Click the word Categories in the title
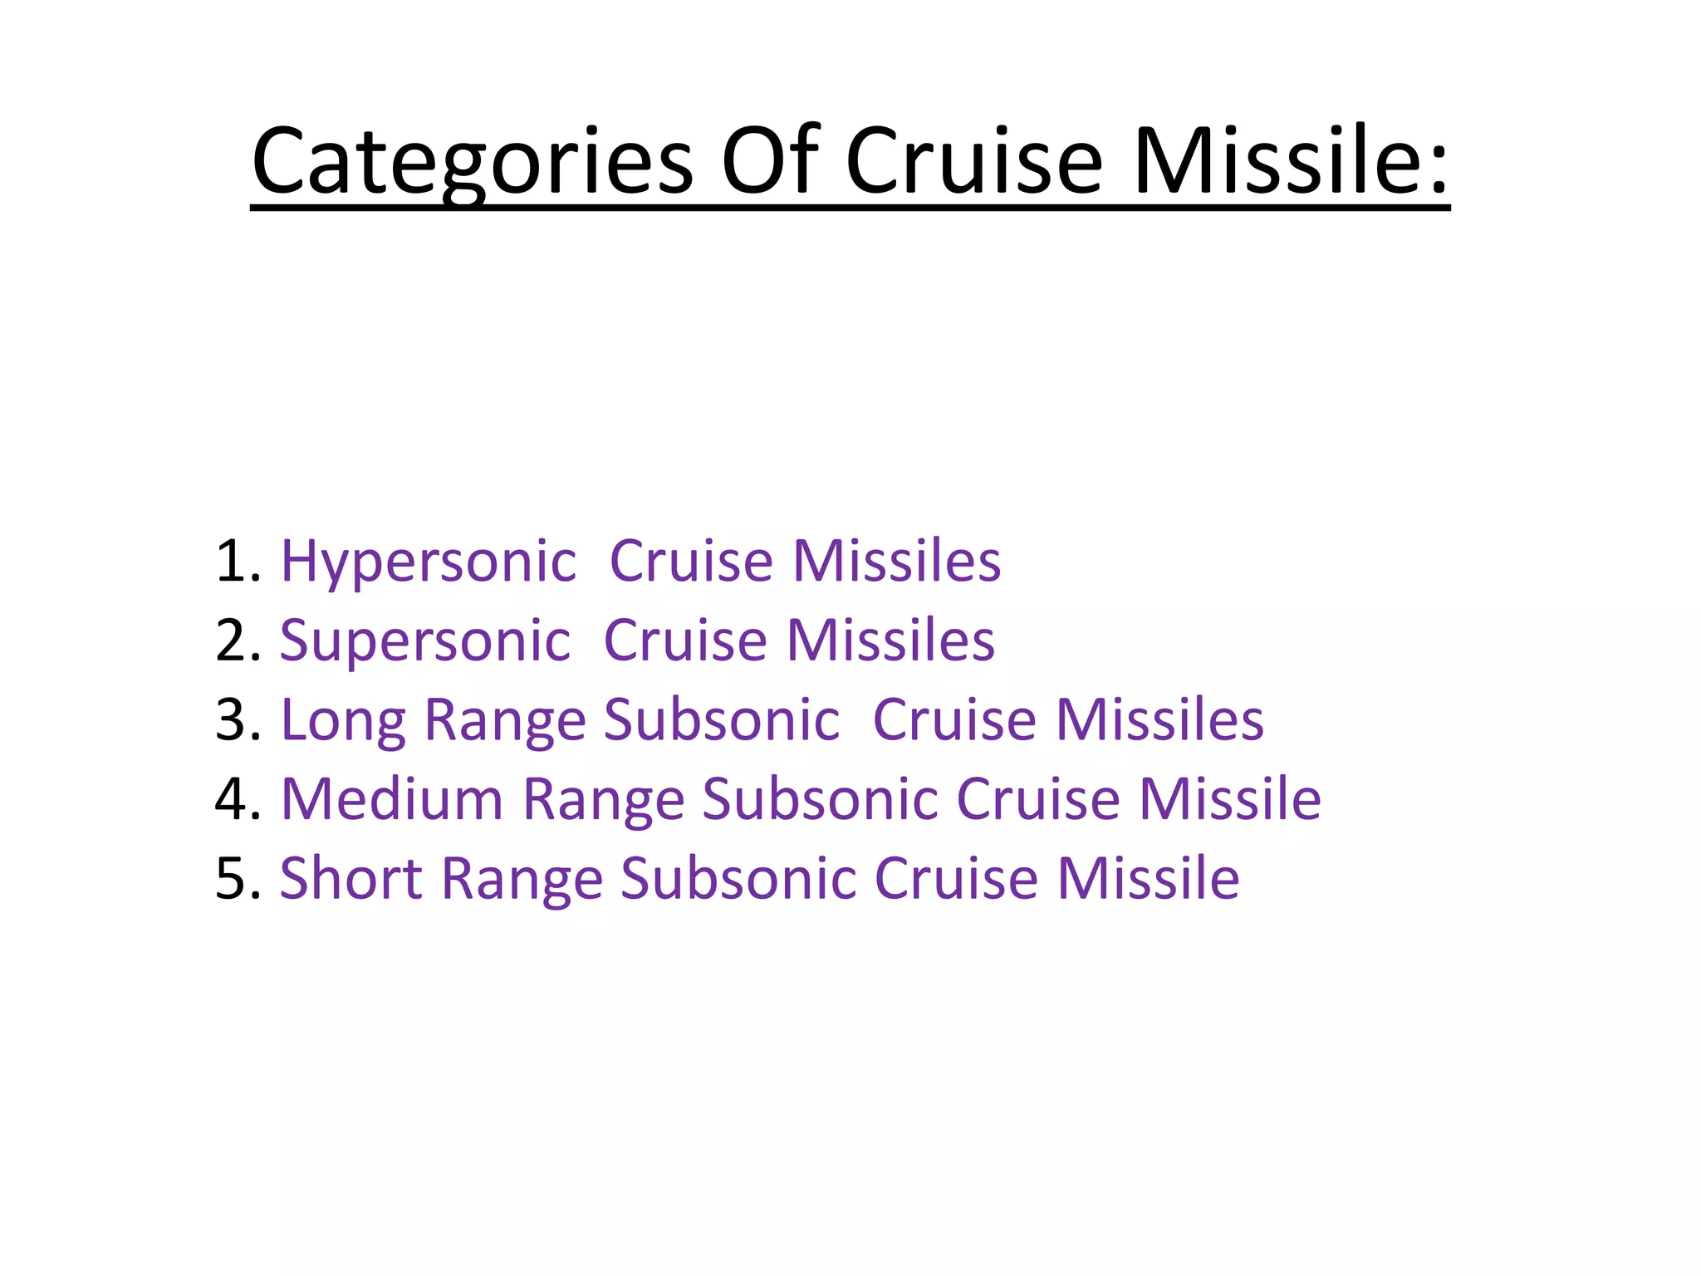[472, 161]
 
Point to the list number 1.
[238, 562]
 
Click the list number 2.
[238, 641]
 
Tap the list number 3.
[238, 720]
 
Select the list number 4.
[238, 800]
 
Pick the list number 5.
[238, 879]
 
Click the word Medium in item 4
[392, 800]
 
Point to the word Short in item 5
[350, 879]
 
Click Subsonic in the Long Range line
[721, 720]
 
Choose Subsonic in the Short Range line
[738, 879]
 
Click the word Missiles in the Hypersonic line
[896, 562]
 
